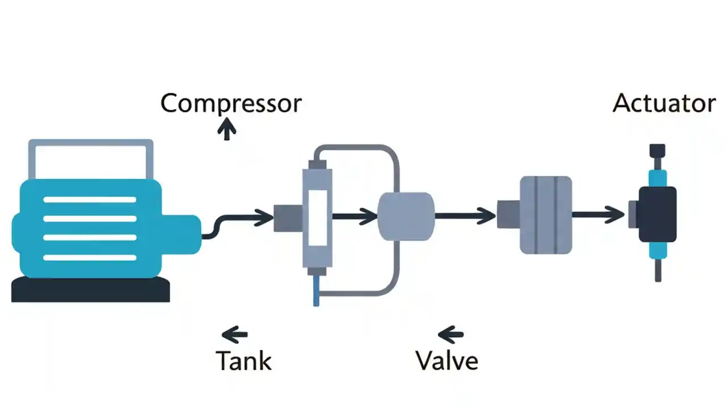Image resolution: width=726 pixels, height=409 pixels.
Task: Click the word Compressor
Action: (x=231, y=104)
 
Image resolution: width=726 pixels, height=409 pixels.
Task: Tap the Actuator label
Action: (x=664, y=103)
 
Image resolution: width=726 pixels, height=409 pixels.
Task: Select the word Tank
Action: (x=244, y=361)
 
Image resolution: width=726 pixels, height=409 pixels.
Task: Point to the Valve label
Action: (x=446, y=361)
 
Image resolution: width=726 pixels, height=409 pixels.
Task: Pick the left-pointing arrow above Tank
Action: (x=234, y=333)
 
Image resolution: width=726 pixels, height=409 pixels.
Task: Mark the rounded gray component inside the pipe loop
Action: (x=406, y=216)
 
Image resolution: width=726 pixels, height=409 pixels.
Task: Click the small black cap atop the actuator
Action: (x=657, y=151)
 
